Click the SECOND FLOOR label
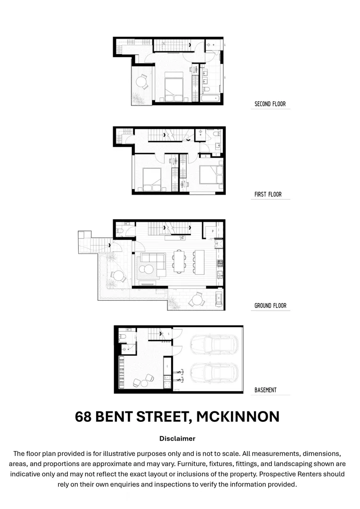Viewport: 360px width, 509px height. coord(270,104)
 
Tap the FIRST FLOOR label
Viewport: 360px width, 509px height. coord(268,194)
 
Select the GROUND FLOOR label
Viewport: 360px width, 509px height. coord(270,306)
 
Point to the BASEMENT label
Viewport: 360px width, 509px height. coord(265,390)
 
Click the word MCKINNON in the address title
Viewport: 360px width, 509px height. coord(237,417)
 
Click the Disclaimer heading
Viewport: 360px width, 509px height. coord(177,438)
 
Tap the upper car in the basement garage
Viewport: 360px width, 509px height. coord(213,345)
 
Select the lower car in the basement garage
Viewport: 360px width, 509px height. coord(213,374)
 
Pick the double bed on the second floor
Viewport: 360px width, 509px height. coord(173,87)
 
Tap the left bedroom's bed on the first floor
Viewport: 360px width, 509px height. coord(152,179)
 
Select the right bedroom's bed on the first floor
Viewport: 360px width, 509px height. coord(210,174)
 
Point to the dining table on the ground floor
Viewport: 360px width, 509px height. coord(180,262)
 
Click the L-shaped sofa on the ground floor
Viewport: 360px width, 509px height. coord(152,264)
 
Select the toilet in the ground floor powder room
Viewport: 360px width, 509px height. coord(120,232)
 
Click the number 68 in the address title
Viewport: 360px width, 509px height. coord(83,417)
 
